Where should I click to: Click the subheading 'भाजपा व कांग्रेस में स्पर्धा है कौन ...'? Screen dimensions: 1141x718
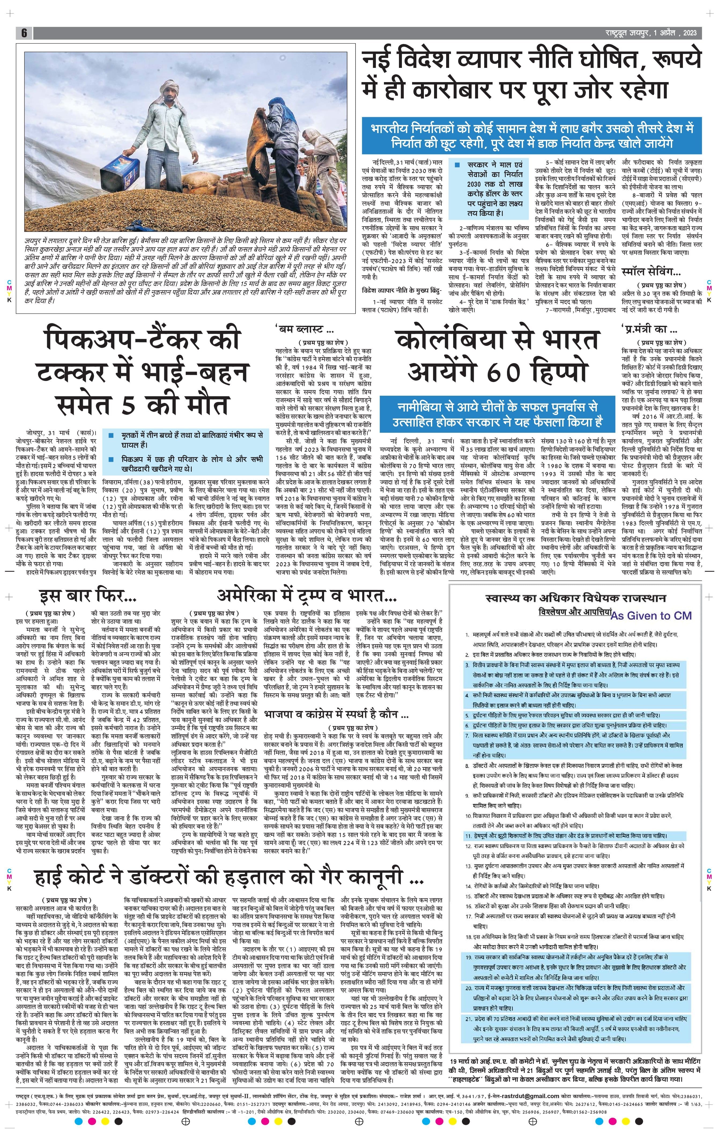pyautogui.click(x=337, y=714)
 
